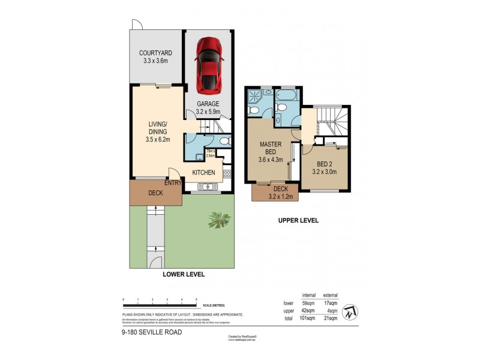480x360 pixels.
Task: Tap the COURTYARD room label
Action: pos(155,56)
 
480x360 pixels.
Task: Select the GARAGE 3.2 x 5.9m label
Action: pos(209,107)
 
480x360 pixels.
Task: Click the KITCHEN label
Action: pos(204,173)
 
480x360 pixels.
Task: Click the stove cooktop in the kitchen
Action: pos(227,174)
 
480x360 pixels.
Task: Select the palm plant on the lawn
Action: pos(218,220)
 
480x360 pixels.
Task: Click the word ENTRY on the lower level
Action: pos(173,183)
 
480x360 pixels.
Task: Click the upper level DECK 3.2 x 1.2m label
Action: pos(271,191)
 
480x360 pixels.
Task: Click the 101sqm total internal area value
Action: pos(308,319)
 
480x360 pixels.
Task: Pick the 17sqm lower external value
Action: pos(330,303)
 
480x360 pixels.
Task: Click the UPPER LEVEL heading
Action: pos(298,220)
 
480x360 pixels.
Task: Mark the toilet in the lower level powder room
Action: pos(224,141)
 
